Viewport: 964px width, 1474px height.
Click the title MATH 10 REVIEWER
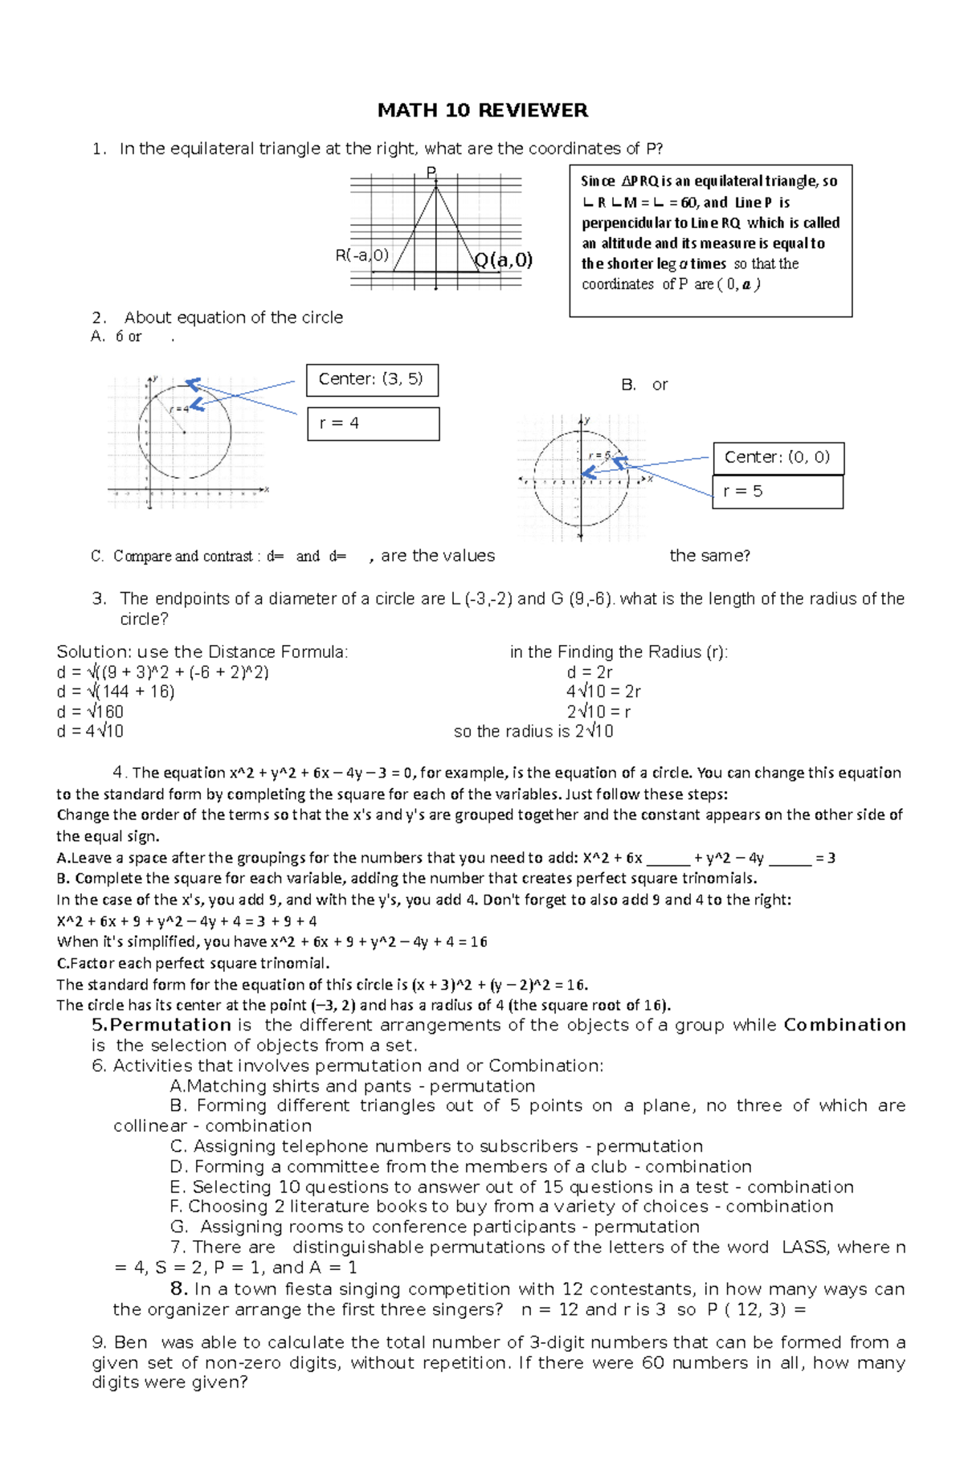tap(482, 110)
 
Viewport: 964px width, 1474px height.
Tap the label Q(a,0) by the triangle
tap(504, 259)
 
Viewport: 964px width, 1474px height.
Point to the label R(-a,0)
tap(361, 255)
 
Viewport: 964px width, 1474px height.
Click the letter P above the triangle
tap(431, 172)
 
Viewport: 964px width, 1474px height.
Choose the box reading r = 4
tap(373, 423)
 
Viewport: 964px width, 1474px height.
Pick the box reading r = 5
tap(777, 491)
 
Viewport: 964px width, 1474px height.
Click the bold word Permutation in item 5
tap(170, 1024)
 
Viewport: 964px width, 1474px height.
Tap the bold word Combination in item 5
tap(844, 1024)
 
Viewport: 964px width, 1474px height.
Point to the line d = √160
tap(90, 711)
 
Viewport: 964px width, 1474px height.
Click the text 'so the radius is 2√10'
tap(533, 731)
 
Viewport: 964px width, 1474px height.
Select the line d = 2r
tap(590, 672)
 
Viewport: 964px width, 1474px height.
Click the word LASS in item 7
tap(804, 1247)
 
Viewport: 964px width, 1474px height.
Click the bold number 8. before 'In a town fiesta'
tap(178, 1288)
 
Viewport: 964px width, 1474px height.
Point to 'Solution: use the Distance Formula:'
tap(202, 651)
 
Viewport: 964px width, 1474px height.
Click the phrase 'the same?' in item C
tap(709, 555)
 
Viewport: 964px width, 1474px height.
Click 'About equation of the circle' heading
tap(233, 317)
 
